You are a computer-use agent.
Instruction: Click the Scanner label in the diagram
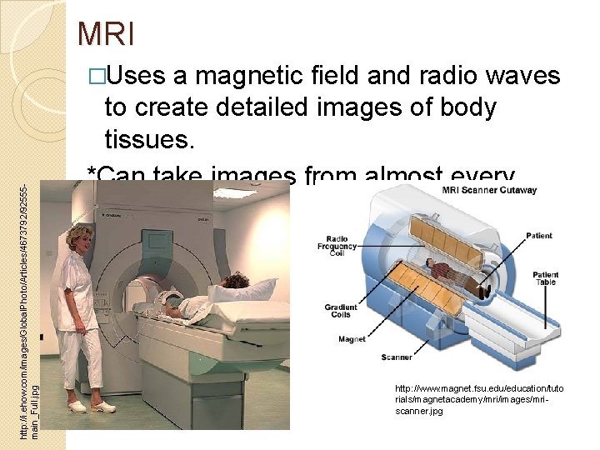pyautogui.click(x=397, y=357)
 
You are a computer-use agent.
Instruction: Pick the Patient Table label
pyautogui.click(x=545, y=279)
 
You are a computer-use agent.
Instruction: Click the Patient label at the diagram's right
pyautogui.click(x=538, y=236)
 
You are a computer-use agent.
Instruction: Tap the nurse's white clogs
pyautogui.click(x=90, y=407)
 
